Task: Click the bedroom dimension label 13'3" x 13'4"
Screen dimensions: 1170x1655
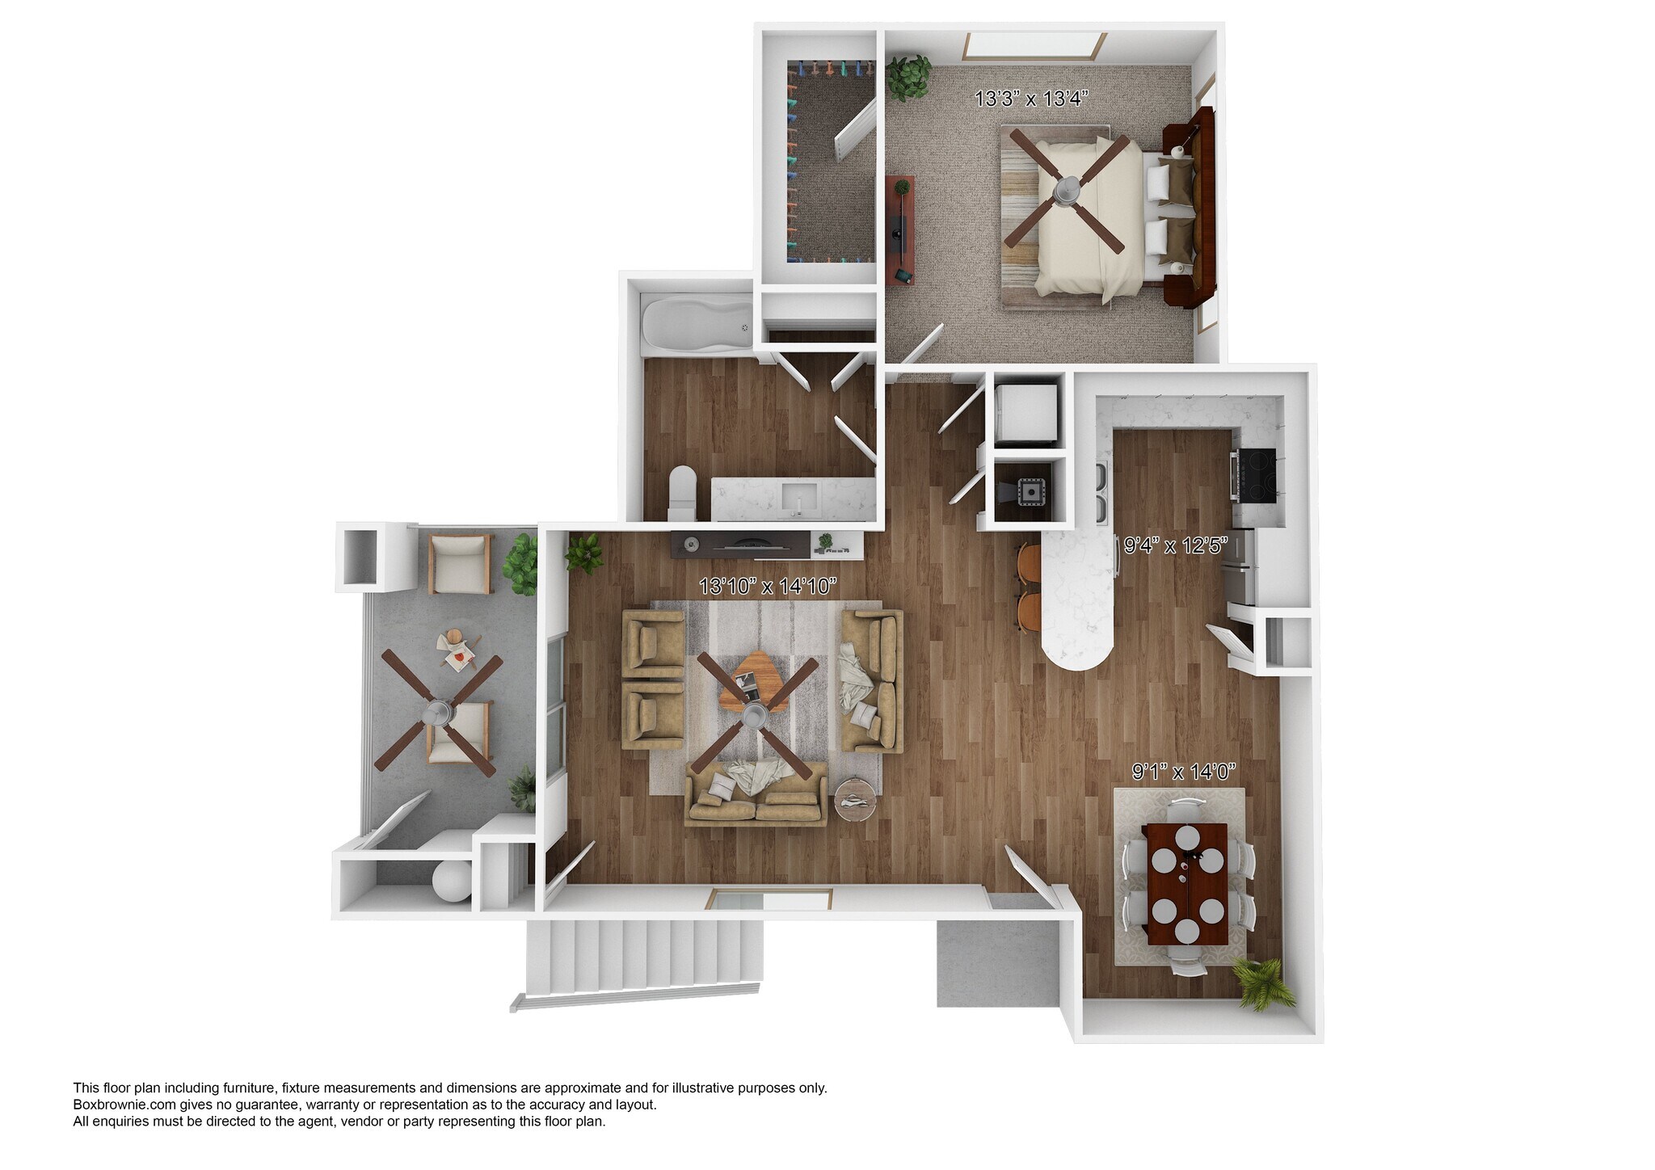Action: (1032, 99)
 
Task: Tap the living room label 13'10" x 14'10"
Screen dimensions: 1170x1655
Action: (767, 586)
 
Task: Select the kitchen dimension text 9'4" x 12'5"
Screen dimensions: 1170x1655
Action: (1176, 545)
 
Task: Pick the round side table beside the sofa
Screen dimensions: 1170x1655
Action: (857, 798)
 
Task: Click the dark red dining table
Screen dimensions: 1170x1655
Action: (1185, 885)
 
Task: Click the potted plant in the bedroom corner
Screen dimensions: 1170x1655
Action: (908, 77)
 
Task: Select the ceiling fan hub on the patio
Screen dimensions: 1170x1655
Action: (439, 713)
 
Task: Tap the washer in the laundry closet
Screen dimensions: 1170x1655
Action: (1025, 413)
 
